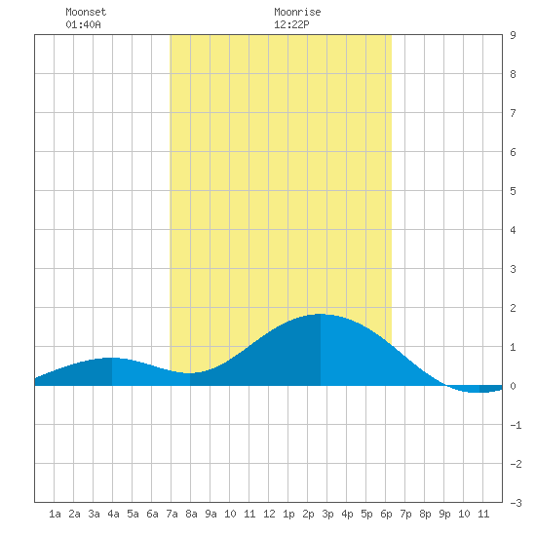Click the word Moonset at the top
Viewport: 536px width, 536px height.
(86, 12)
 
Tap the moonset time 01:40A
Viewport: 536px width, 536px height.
(83, 24)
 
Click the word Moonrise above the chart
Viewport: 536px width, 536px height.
(297, 12)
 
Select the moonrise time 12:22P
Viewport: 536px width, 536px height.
(291, 24)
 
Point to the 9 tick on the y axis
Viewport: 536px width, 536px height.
(513, 35)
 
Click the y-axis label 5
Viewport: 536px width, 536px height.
(513, 191)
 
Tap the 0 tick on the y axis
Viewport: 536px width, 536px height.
(513, 386)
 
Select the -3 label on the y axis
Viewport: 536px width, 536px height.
(516, 503)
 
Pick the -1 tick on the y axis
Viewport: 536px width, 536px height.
(516, 425)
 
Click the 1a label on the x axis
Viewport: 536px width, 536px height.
(55, 514)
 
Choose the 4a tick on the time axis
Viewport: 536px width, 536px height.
(113, 514)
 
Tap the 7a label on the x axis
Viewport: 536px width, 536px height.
(172, 514)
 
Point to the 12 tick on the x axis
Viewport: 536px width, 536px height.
(269, 514)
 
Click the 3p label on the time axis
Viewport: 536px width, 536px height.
(327, 514)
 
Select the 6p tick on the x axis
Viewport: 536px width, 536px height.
(386, 514)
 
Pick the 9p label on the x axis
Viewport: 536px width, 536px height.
(444, 514)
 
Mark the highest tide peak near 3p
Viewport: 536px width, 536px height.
(321, 314)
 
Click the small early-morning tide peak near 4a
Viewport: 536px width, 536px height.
(112, 358)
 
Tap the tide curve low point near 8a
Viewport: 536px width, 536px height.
(190, 373)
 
